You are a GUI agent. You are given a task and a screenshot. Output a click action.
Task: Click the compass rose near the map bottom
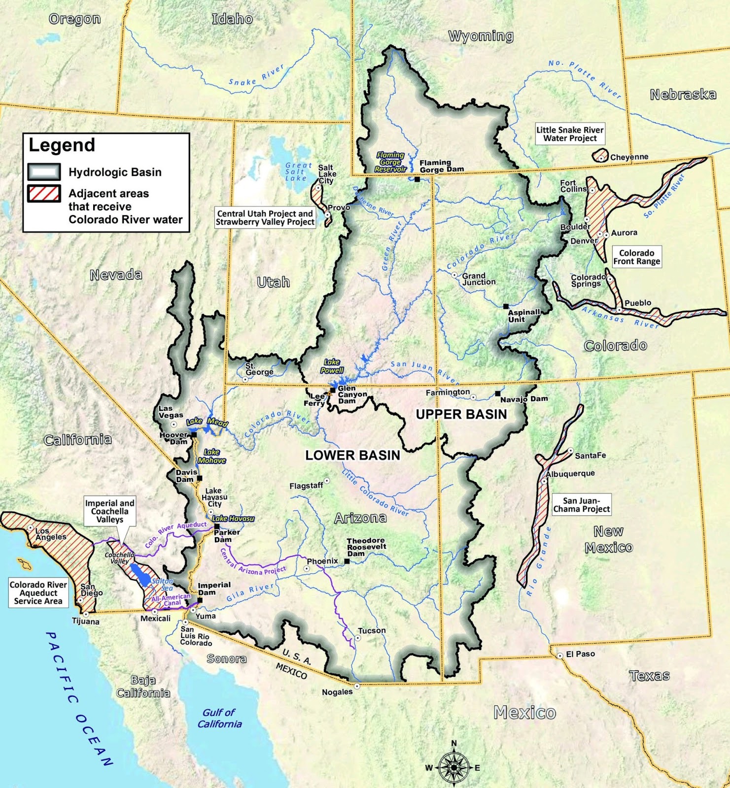tap(453, 767)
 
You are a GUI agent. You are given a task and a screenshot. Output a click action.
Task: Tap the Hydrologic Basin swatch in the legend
tap(44, 172)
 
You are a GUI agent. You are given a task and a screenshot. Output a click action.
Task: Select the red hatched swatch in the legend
tap(44, 194)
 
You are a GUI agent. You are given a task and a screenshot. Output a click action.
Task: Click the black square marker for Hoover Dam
tap(194, 435)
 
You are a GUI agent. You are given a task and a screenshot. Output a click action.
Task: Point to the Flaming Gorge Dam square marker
tap(417, 179)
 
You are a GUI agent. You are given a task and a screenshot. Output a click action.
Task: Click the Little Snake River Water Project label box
tap(570, 134)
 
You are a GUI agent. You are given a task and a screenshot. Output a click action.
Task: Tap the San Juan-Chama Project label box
tap(581, 505)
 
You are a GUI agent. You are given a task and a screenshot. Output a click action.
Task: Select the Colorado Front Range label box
tap(636, 257)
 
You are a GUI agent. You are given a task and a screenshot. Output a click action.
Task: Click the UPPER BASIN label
tap(461, 414)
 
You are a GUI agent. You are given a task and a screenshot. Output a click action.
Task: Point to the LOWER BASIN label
tap(352, 455)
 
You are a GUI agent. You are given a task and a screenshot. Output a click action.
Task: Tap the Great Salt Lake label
tap(299, 172)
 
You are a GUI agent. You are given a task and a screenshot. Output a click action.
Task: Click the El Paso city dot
tap(560, 656)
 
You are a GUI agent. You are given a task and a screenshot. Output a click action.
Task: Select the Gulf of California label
tap(220, 718)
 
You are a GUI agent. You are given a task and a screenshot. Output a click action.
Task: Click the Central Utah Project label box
tap(265, 218)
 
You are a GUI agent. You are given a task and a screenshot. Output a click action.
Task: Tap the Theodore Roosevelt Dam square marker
tap(347, 561)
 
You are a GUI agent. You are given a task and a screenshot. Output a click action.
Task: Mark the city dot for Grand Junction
tap(454, 275)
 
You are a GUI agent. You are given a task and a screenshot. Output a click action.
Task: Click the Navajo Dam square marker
tap(498, 394)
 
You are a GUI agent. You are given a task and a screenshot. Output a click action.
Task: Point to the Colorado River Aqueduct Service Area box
tap(38, 593)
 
